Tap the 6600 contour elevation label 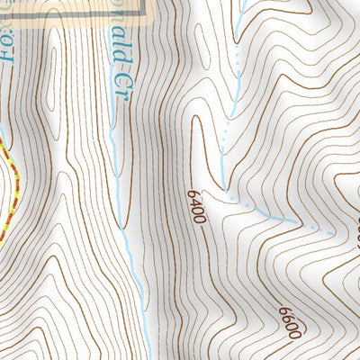pos(289,321)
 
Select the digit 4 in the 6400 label pos(198,206)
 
